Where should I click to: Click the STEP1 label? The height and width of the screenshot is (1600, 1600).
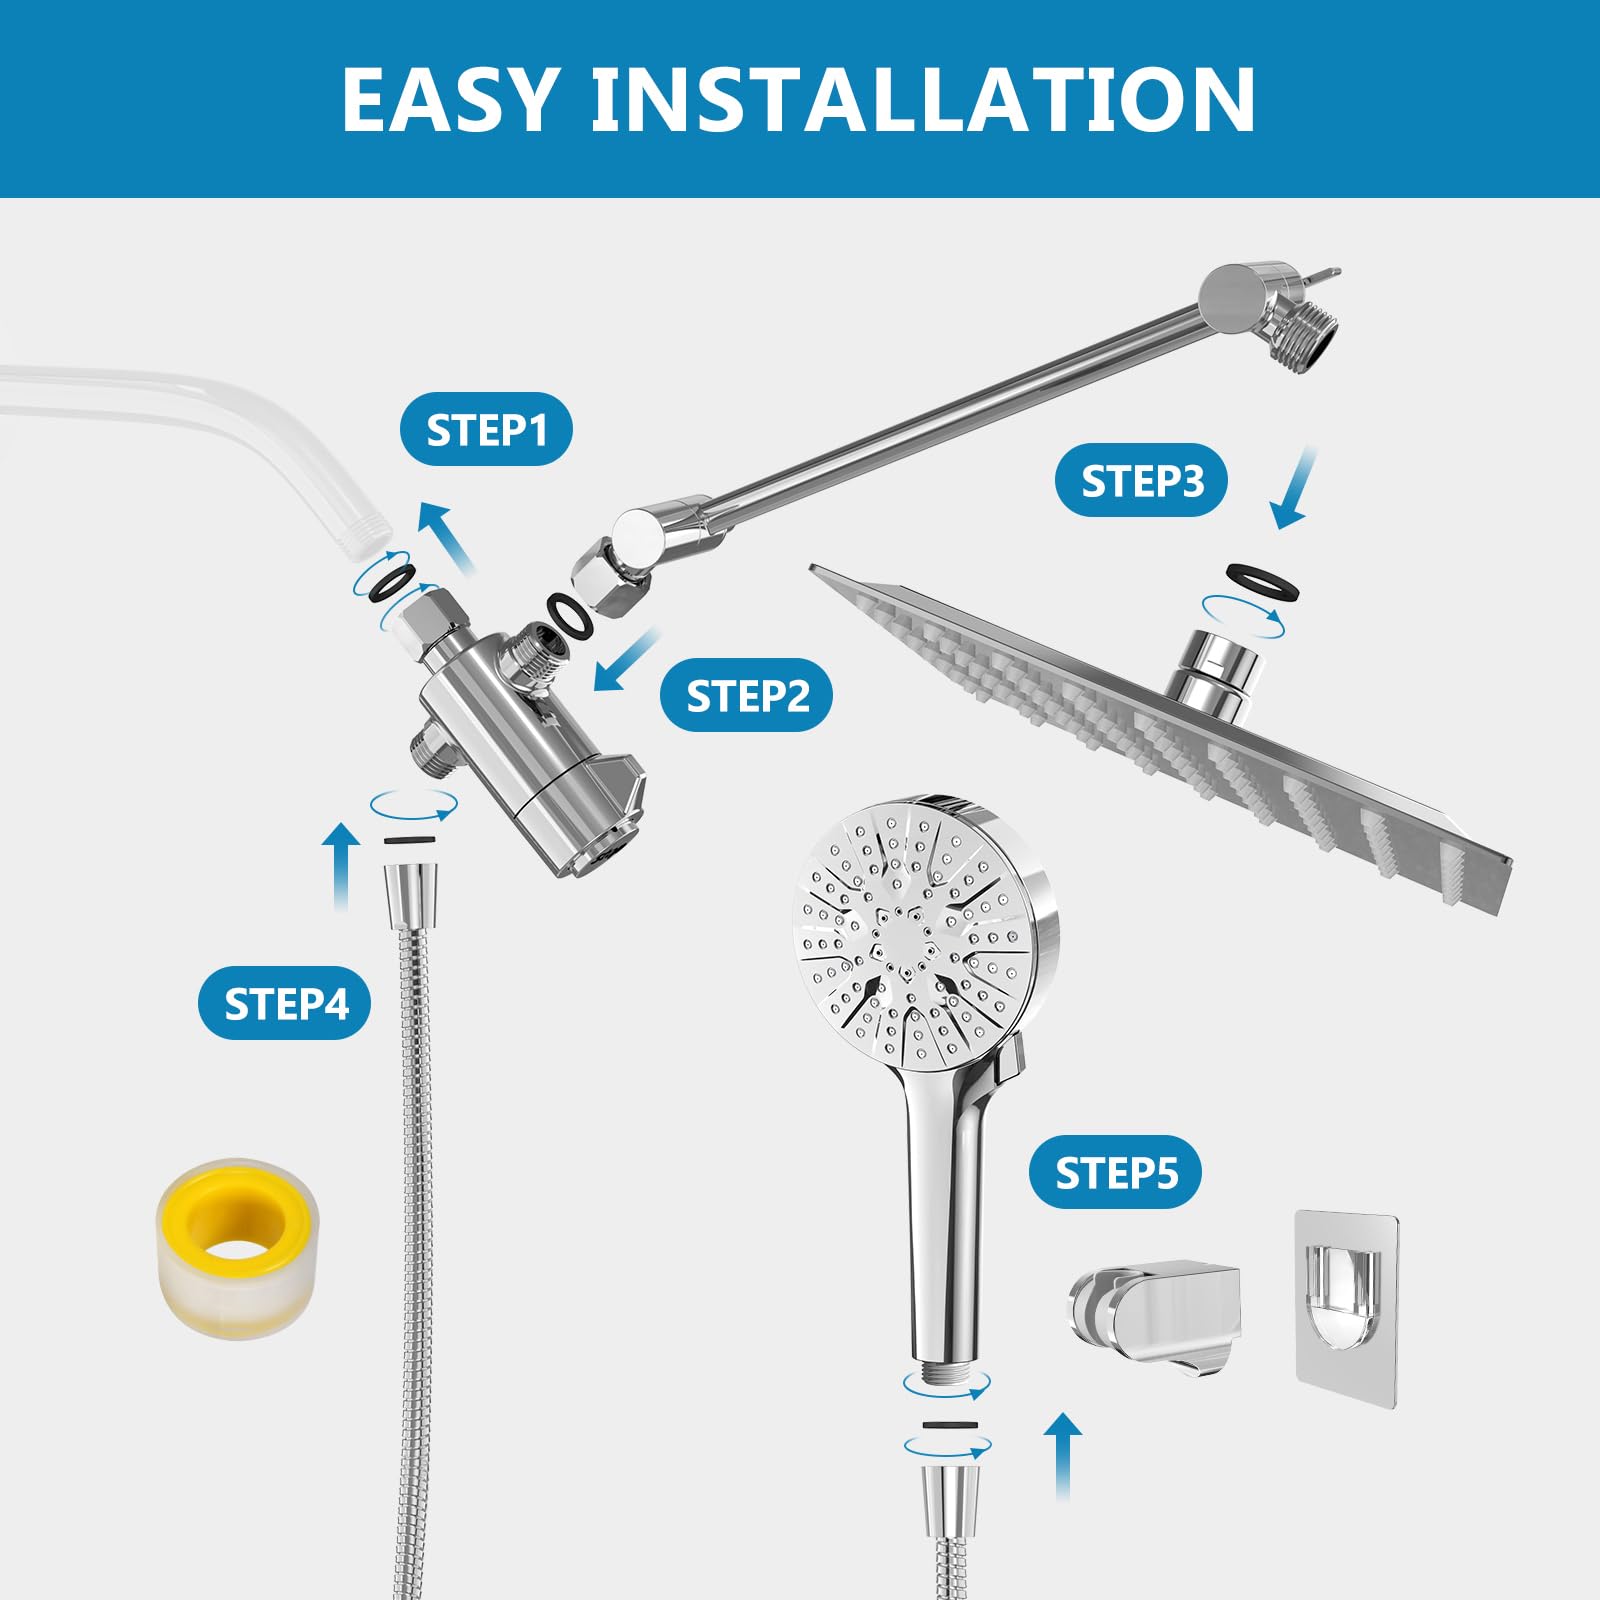(x=486, y=430)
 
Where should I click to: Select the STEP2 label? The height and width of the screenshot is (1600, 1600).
(x=746, y=695)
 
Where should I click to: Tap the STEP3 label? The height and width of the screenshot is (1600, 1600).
(x=1141, y=481)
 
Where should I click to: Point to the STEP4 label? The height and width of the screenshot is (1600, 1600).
(x=285, y=1003)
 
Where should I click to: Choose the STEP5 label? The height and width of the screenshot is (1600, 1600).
(x=1115, y=1172)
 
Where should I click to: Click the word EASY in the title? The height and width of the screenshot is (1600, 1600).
(x=448, y=99)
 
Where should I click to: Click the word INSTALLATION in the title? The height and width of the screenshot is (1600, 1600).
(x=922, y=99)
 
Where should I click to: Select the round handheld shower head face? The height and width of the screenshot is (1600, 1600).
(x=915, y=930)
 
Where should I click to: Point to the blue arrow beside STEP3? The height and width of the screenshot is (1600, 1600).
(x=1295, y=490)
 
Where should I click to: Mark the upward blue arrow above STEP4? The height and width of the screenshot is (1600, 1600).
(x=341, y=865)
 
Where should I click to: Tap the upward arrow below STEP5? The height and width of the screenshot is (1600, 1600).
(x=1063, y=1455)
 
